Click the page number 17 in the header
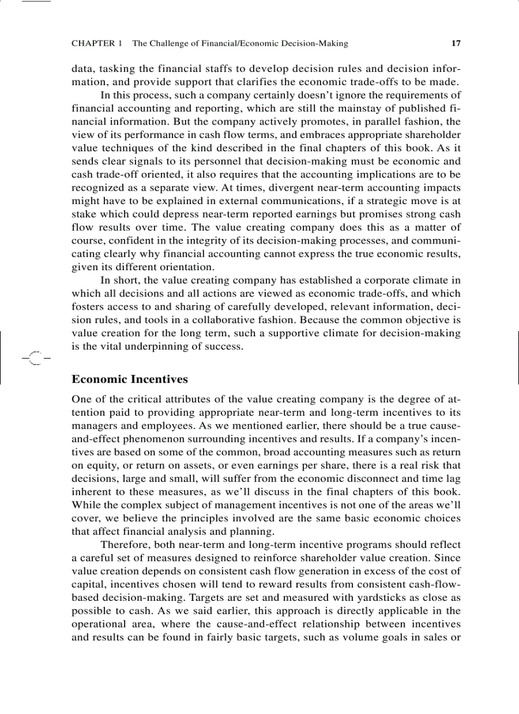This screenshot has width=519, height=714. [x=455, y=44]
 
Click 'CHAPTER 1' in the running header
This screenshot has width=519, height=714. [x=97, y=44]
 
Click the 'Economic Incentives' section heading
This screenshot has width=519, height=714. [x=130, y=380]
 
